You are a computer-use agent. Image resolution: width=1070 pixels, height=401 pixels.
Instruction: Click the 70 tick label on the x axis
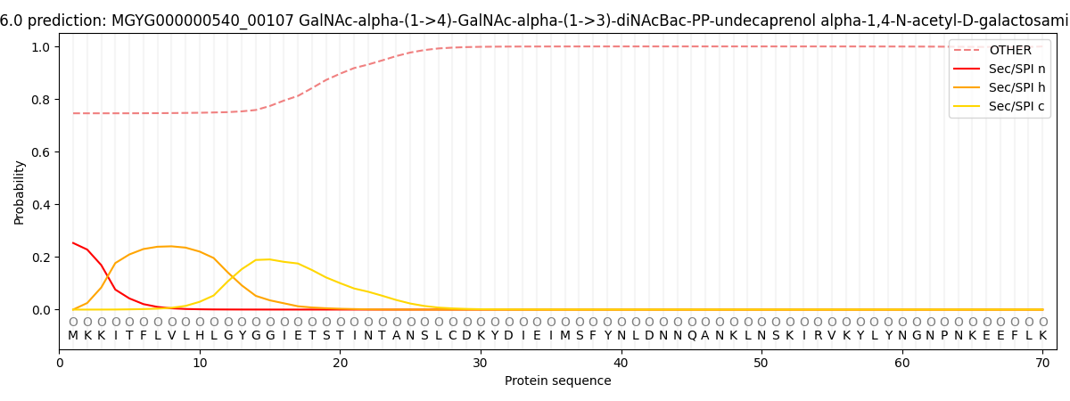pos(1042,364)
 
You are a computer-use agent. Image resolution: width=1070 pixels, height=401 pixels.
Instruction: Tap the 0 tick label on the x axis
pos(60,364)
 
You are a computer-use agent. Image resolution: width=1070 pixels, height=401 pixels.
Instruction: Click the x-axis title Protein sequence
pos(557,381)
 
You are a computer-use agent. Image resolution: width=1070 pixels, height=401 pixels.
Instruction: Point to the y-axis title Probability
pos(20,192)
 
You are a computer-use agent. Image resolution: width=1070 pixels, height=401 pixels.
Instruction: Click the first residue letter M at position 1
pos(73,336)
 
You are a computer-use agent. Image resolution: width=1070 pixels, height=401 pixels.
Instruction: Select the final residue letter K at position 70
pos(1042,336)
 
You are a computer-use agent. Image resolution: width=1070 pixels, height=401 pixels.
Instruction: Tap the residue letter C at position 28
pos(453,336)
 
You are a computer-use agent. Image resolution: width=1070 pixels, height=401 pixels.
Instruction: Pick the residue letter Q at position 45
pos(692,336)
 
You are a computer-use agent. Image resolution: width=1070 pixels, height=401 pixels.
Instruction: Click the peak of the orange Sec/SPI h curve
pos(171,246)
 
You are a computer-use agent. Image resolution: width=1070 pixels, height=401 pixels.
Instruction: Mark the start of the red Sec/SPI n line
pos(73,242)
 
